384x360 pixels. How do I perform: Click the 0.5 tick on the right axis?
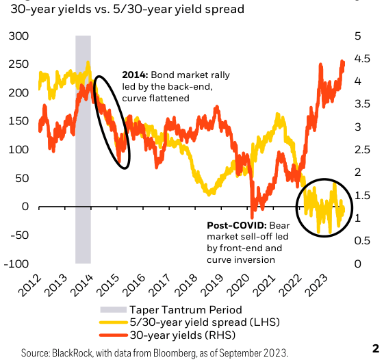[360, 241]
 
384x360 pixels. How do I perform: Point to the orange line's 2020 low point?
[253, 215]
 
